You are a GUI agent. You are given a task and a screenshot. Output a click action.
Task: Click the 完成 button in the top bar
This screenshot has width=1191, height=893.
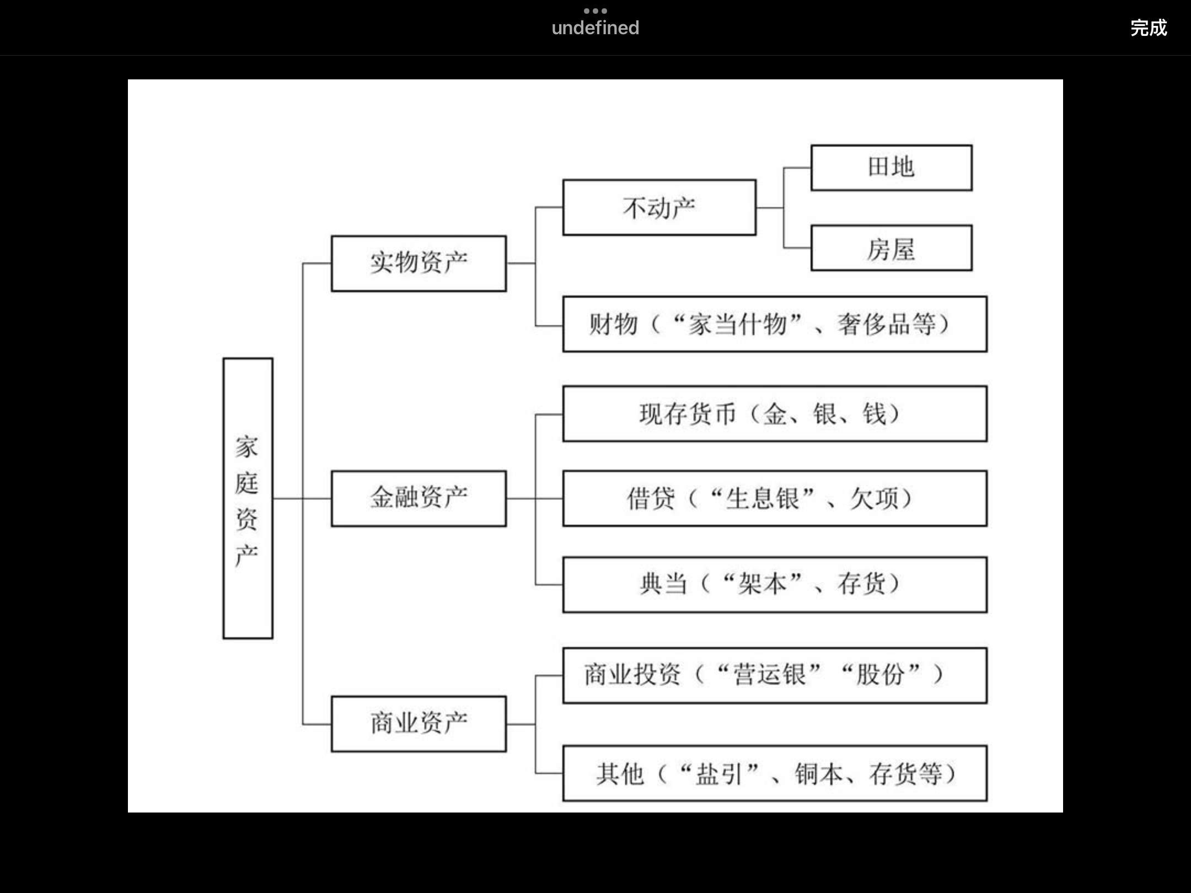click(x=1148, y=28)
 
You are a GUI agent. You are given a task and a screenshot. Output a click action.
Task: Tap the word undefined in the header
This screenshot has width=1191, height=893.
click(x=595, y=28)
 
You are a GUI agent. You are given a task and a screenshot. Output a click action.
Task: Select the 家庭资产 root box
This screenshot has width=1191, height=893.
click(x=248, y=498)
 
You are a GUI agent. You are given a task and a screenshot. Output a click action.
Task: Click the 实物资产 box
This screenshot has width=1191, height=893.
click(x=419, y=263)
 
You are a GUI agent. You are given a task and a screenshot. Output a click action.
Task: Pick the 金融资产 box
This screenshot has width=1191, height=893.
click(x=419, y=498)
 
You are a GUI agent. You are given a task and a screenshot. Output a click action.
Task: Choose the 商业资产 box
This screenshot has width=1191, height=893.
click(x=419, y=724)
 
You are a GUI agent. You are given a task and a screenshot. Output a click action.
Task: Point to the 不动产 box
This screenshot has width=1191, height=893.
click(x=659, y=208)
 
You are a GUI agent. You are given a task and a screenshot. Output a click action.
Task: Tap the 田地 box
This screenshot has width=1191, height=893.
click(x=891, y=168)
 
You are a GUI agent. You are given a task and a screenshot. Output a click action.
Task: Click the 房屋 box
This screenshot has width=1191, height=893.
click(x=891, y=248)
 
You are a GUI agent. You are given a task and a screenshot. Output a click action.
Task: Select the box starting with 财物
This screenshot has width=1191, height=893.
click(x=774, y=324)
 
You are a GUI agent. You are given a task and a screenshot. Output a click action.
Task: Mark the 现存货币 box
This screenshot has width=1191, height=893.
click(x=774, y=414)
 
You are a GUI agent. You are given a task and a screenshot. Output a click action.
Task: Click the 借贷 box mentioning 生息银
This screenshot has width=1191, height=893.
click(x=774, y=498)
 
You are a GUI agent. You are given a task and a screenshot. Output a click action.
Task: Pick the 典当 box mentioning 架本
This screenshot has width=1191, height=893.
click(x=774, y=584)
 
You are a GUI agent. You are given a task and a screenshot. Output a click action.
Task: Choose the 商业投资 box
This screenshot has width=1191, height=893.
click(x=774, y=675)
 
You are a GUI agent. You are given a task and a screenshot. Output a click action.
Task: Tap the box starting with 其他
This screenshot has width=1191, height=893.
click(x=774, y=773)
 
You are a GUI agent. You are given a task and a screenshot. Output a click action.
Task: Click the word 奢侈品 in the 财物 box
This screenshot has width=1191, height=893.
click(x=873, y=324)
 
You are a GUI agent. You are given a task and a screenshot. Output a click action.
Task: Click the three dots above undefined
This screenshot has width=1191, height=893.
click(x=595, y=11)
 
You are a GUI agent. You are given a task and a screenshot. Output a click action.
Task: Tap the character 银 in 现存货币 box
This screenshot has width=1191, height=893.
click(x=825, y=414)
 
